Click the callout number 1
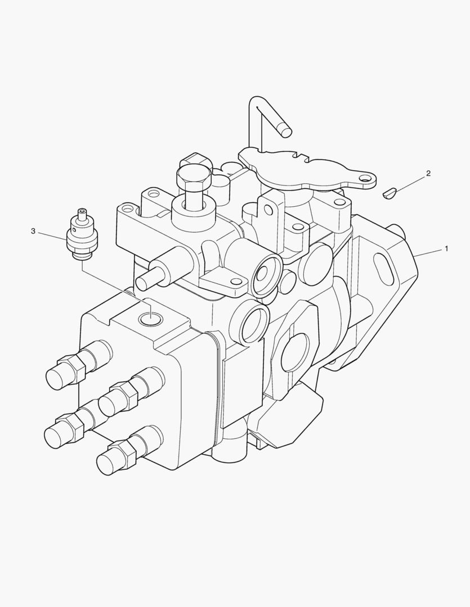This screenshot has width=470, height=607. point(446,248)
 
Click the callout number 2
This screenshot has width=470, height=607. point(428,173)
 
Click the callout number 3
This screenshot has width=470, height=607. point(33,231)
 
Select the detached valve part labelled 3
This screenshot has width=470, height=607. point(82,234)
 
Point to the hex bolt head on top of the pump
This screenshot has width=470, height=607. point(194,176)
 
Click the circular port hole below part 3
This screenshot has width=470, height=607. point(151,319)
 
